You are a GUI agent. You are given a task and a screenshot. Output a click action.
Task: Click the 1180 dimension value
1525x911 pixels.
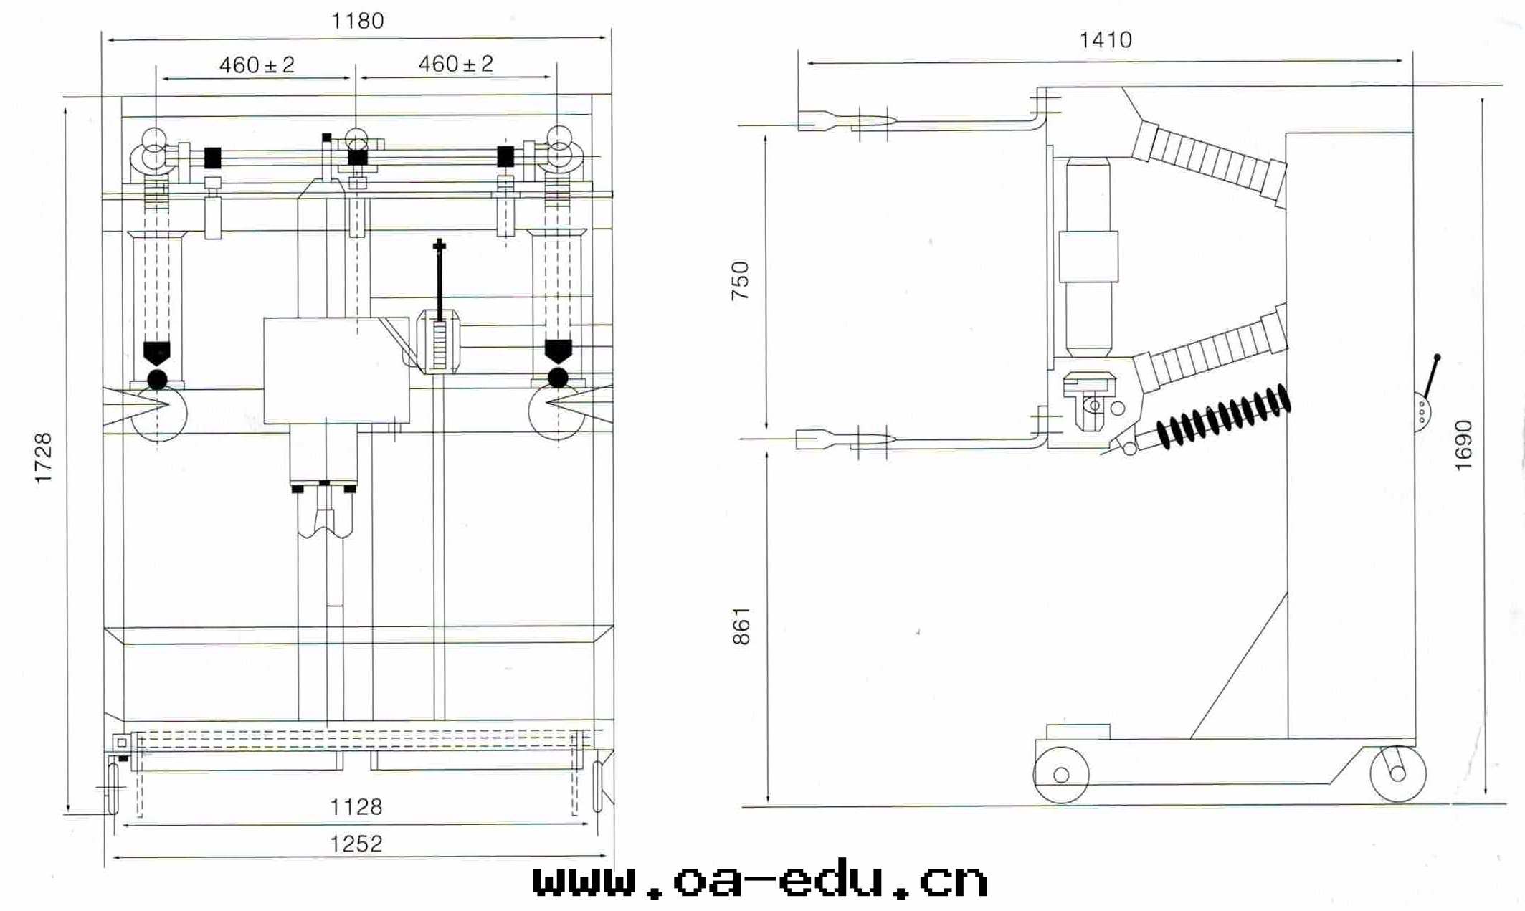(357, 21)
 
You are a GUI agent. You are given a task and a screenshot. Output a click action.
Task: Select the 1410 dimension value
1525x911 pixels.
(1106, 39)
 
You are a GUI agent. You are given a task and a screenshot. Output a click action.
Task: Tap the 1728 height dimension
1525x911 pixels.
(44, 458)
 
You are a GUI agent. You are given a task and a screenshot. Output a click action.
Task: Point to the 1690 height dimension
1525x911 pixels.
(1463, 445)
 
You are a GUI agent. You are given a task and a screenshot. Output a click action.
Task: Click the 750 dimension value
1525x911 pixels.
(740, 280)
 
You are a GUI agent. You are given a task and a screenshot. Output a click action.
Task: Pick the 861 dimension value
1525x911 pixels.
(741, 626)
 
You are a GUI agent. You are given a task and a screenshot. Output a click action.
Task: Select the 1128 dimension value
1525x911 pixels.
(356, 807)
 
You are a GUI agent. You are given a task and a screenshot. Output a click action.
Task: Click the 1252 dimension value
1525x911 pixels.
(356, 844)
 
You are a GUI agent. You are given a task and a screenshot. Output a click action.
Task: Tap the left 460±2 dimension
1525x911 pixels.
(257, 65)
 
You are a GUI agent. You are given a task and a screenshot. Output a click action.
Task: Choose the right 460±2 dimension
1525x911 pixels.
(456, 64)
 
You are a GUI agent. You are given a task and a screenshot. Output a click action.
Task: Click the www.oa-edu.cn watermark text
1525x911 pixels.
(761, 881)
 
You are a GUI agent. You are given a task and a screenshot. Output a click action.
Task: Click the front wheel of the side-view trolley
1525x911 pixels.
(1060, 775)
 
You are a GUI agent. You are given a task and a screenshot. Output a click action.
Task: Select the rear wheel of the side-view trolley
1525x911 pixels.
(1397, 773)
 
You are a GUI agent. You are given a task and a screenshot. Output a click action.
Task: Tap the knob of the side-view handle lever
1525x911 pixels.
(1437, 357)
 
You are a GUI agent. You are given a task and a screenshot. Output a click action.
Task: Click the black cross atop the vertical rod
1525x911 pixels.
(439, 246)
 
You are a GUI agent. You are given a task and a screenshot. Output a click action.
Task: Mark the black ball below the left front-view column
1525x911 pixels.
(157, 379)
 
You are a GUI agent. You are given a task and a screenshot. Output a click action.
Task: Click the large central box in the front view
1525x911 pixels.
(336, 370)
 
